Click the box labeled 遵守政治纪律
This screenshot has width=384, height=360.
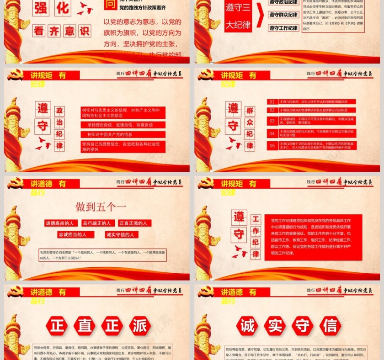click(283, 2)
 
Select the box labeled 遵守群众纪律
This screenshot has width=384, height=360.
click(283, 15)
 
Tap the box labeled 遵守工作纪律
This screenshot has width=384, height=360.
click(283, 28)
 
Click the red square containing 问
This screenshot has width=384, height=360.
click(109, 4)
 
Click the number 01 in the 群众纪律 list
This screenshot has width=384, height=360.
click(272, 102)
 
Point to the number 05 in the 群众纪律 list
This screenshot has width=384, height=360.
click(272, 146)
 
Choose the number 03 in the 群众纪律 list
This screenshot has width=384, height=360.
click(272, 121)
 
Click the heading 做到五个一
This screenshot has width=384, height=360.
click(101, 207)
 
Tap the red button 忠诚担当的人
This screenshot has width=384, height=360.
click(76, 234)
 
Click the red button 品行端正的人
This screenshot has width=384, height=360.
click(97, 223)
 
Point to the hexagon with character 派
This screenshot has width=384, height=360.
click(139, 326)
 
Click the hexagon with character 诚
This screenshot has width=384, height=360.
click(247, 326)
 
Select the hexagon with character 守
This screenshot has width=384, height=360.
click(302, 326)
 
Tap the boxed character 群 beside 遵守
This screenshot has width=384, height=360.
click(250, 111)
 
